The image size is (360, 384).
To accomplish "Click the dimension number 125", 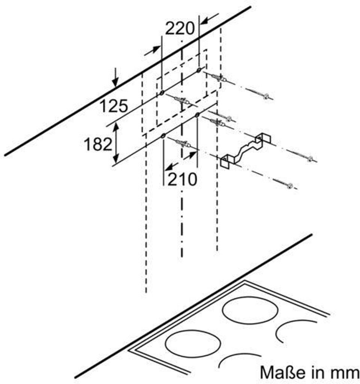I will pos(114,106).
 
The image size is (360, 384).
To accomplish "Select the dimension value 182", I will pos(98,144).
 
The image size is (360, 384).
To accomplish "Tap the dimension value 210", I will pos(182,180).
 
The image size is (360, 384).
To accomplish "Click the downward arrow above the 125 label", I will pos(115,78).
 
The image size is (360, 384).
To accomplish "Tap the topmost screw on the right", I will pos(266,96).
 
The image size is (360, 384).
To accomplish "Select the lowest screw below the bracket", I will pos(289,185).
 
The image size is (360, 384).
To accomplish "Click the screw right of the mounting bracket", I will pos(310,159).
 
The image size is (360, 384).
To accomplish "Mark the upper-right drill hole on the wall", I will pos(198,70).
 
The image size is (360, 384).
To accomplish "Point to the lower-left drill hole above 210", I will pos(163,136).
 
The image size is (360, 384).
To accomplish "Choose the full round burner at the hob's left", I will pos(193,344).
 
